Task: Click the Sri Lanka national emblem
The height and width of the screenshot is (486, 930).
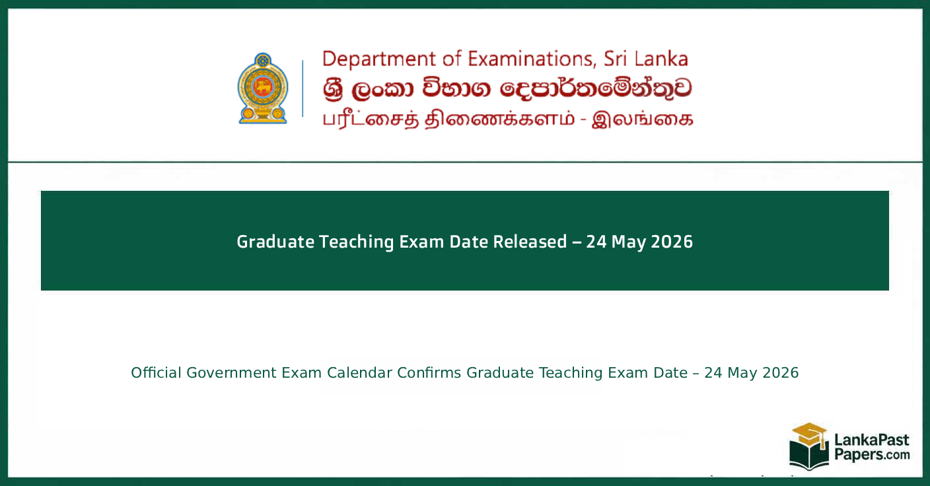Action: [x=263, y=88]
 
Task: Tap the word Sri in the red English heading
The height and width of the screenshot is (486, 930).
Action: [x=618, y=59]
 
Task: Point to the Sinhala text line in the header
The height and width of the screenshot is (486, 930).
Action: [x=507, y=89]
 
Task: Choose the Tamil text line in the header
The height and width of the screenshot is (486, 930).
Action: [x=507, y=120]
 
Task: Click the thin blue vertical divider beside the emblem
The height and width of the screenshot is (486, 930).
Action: [x=303, y=88]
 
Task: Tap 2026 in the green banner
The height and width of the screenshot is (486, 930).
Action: [x=672, y=242]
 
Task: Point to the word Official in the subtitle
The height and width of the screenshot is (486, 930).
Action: [x=156, y=373]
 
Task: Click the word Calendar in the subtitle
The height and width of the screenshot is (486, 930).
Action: [x=360, y=373]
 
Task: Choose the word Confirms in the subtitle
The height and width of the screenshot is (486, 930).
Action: [x=429, y=373]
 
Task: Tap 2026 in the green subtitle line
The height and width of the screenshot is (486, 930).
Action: [x=781, y=373]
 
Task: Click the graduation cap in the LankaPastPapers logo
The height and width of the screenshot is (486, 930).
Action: [x=809, y=433]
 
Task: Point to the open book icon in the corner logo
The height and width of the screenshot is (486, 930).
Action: [x=809, y=456]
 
